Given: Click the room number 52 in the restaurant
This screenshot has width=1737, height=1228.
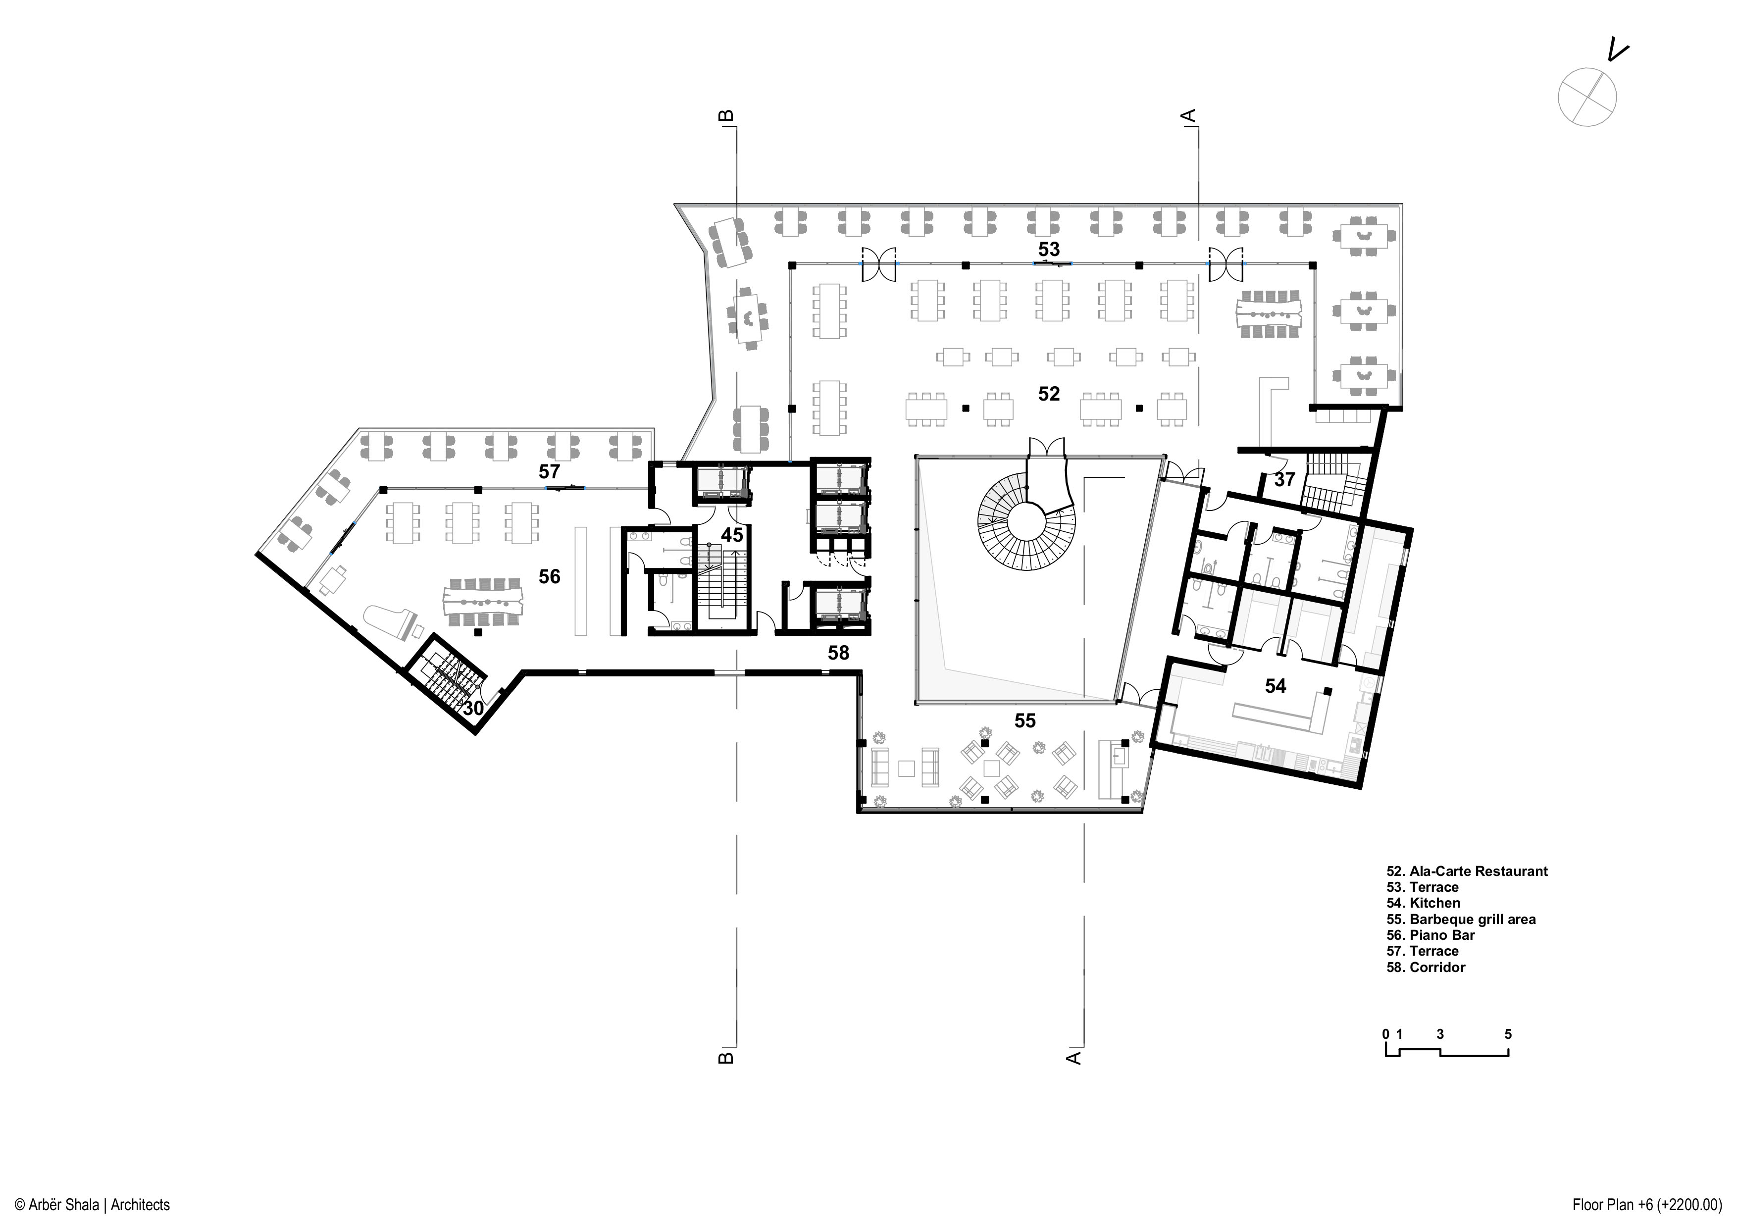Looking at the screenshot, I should [1049, 394].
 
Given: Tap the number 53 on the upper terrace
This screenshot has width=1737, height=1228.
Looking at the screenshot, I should [1049, 249].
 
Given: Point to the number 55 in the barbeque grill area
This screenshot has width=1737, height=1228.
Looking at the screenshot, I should [1024, 720].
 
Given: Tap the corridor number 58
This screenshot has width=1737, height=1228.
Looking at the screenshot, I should [838, 652].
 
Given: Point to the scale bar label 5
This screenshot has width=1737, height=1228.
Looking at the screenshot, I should [1508, 1033].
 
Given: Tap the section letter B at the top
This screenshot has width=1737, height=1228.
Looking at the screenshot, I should [725, 116].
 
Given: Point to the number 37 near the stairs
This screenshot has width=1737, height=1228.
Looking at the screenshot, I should [1284, 479].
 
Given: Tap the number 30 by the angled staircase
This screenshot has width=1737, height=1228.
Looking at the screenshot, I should [473, 708].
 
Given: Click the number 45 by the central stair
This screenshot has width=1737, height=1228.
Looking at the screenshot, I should [731, 535].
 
